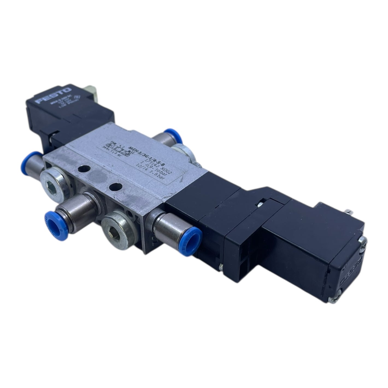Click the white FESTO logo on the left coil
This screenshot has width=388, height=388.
(x=54, y=96)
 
